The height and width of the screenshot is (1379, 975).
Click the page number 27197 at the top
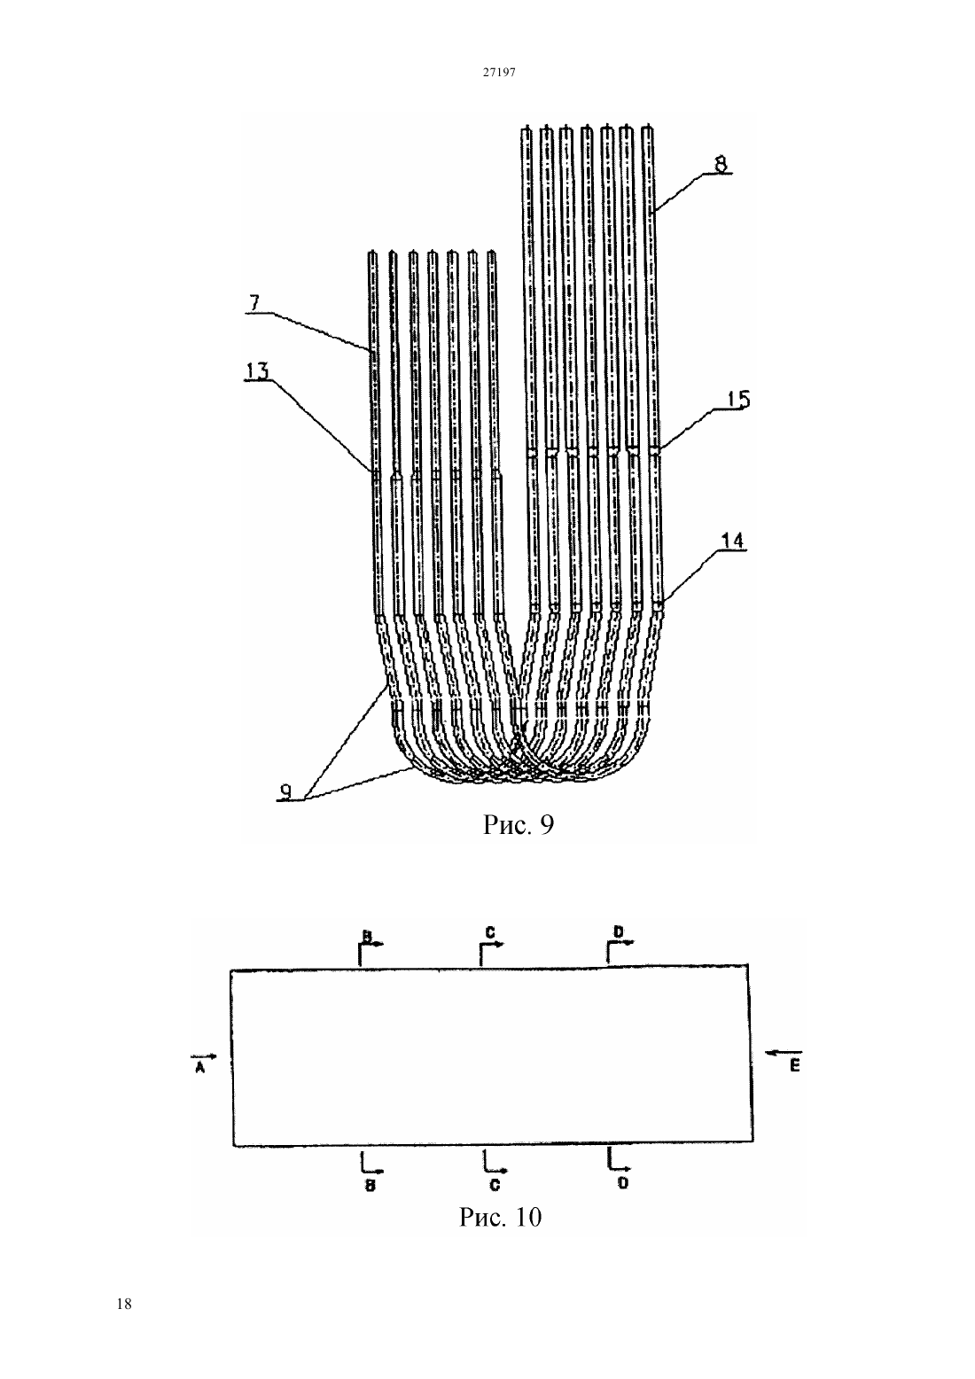498,72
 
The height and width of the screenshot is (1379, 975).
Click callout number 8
720,164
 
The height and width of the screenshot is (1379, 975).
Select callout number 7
255,303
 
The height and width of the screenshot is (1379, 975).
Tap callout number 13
257,370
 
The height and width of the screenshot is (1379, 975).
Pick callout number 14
732,541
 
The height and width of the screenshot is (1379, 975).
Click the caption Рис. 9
519,825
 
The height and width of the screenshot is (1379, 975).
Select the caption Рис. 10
501,1217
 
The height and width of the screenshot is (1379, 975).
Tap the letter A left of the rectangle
199,1070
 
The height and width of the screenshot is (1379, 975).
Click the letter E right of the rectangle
795,1065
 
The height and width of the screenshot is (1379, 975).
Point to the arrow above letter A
204,1056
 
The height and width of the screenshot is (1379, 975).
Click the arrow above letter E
784,1052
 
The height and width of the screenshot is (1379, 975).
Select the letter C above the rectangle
490,933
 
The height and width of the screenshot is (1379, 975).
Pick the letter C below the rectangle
495,1184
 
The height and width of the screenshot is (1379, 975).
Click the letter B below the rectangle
370,1186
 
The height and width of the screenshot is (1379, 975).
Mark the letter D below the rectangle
623,1183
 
